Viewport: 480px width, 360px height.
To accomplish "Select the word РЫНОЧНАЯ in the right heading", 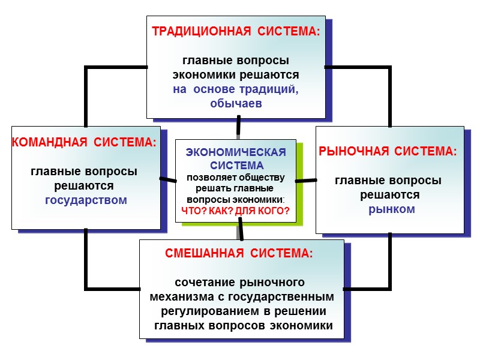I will coord(352,152).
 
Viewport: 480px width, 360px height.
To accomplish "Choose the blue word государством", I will coord(86,200).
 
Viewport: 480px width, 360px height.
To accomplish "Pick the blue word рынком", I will coord(391,209).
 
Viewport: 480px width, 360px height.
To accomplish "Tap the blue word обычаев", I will coord(236,103).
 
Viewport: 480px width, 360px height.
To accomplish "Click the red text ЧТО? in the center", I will coord(193,211).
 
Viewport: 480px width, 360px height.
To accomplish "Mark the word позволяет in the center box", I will coord(208,177).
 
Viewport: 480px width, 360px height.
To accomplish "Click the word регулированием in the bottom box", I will coord(209,311).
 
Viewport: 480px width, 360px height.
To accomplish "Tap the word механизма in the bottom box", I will coord(178,297).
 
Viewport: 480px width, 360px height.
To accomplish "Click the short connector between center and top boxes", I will coord(239,125).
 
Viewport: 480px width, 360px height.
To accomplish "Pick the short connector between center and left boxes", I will coord(168,179).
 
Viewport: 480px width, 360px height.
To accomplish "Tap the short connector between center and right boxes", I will coord(306,180).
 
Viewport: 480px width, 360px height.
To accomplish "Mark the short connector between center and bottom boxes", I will coord(241,229).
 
